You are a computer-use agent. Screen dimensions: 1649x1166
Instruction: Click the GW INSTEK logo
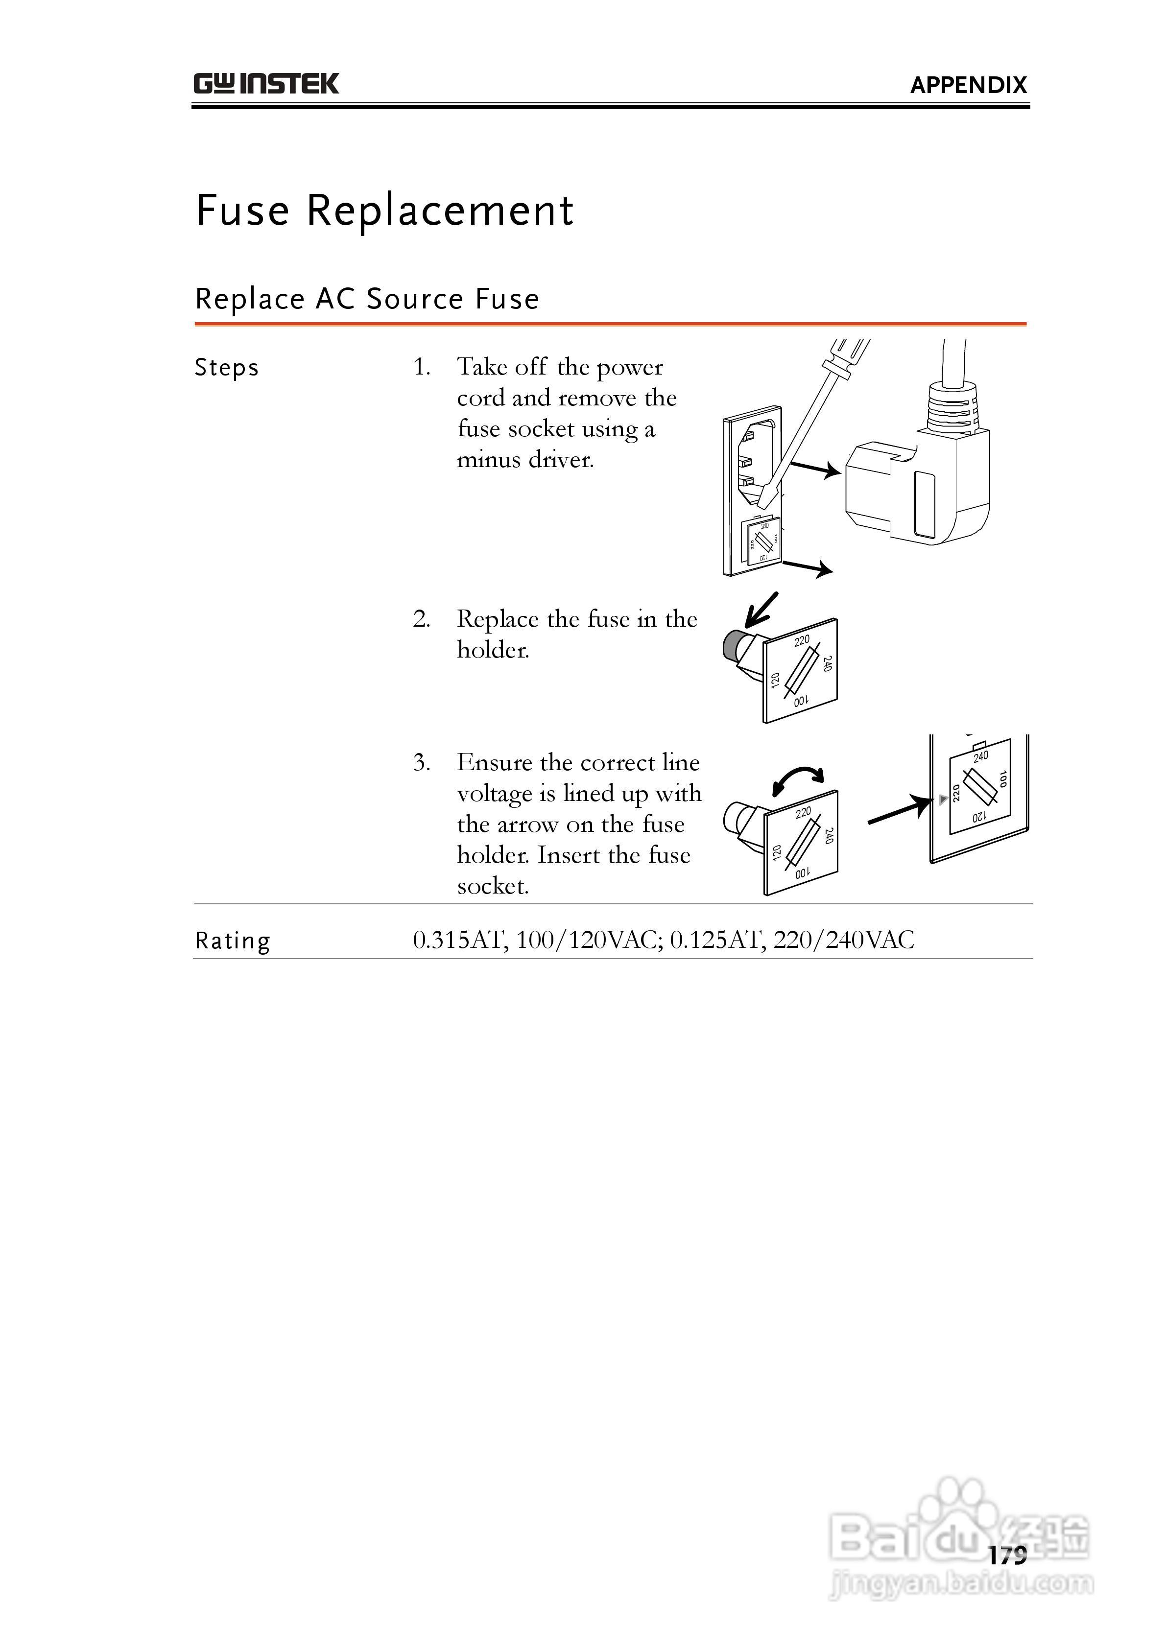pos(266,84)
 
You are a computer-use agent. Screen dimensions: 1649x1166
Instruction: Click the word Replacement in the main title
pos(440,211)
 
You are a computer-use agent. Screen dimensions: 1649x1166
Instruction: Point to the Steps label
pos(226,368)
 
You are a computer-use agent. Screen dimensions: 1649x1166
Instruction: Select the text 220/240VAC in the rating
pos(843,940)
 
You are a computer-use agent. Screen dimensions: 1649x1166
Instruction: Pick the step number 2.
pos(421,619)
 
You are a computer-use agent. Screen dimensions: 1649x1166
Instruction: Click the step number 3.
pos(421,762)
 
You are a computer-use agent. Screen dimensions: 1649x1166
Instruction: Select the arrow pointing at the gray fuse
pos(760,609)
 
